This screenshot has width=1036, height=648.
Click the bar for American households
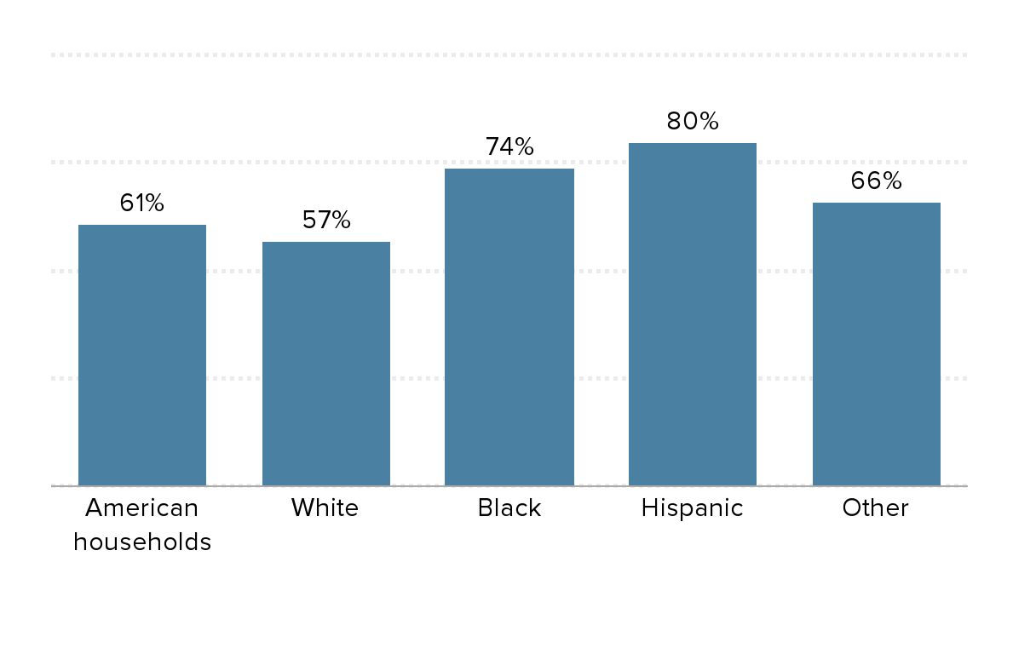pyautogui.click(x=142, y=355)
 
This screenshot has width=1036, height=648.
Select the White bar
pyautogui.click(x=326, y=364)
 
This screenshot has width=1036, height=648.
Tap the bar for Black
pyautogui.click(x=509, y=327)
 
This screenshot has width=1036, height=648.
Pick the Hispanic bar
pyautogui.click(x=693, y=314)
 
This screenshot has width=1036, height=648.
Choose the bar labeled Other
pyautogui.click(x=877, y=344)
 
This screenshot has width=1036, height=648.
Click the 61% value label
pyautogui.click(x=142, y=204)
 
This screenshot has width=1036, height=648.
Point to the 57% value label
pyautogui.click(x=326, y=221)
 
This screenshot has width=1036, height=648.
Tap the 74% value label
pyautogui.click(x=509, y=147)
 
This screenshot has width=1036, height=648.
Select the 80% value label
pyautogui.click(x=693, y=122)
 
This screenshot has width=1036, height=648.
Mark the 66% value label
pyautogui.click(x=877, y=181)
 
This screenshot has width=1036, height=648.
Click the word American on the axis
pyautogui.click(x=142, y=508)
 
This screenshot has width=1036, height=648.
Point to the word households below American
pyautogui.click(x=142, y=542)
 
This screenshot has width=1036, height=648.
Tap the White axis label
pyautogui.click(x=325, y=508)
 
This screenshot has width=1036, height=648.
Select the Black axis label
pyautogui.click(x=509, y=508)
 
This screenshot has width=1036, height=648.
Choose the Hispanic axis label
pyautogui.click(x=693, y=508)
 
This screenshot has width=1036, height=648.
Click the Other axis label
pyautogui.click(x=876, y=508)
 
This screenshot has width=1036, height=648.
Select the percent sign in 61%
pyautogui.click(x=154, y=204)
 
